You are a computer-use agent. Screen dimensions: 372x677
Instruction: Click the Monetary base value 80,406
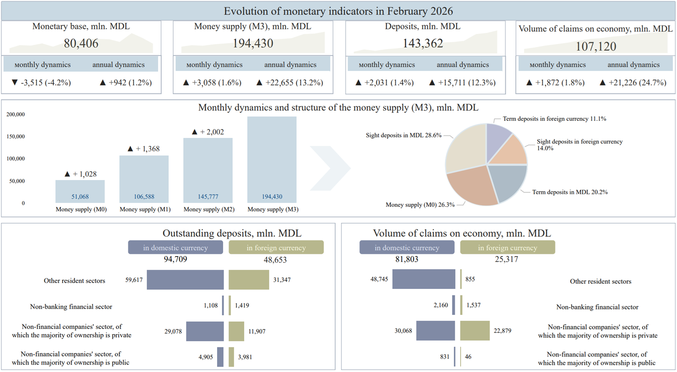[81, 43]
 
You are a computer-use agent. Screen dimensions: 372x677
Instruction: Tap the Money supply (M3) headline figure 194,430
[253, 43]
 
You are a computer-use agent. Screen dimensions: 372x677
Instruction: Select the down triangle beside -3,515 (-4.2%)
[14, 83]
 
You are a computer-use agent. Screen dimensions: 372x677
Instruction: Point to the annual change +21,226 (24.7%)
[637, 83]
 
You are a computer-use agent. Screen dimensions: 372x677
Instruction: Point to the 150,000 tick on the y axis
[15, 137]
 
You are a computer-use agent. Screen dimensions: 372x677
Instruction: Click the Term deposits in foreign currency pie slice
[497, 138]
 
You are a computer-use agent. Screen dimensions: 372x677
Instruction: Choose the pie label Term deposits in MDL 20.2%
[570, 192]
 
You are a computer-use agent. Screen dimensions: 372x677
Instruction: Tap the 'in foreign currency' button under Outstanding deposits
[276, 248]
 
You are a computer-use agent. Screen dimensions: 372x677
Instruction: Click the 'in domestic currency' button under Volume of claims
[406, 248]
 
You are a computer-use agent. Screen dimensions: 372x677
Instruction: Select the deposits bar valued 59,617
[185, 280]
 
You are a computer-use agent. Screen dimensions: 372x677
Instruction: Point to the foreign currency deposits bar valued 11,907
[236, 331]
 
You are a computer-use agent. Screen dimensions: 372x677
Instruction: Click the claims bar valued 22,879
[474, 331]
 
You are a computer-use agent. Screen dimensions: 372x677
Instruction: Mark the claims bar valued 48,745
[424, 279]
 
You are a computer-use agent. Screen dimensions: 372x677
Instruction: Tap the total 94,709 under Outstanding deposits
[175, 259]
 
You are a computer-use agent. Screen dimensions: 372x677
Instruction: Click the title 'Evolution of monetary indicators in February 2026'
[338, 11]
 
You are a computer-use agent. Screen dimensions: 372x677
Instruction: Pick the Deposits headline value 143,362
[423, 43]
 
